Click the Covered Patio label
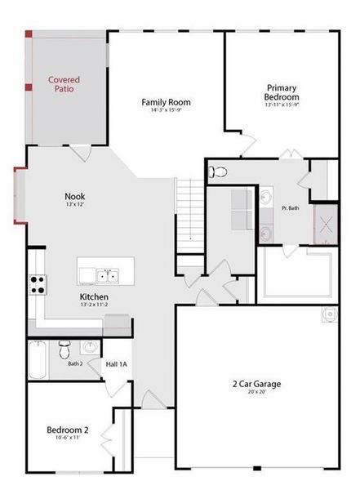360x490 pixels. (x=64, y=84)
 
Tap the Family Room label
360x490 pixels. (x=166, y=102)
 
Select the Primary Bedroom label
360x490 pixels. (x=282, y=91)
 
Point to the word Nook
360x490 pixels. (x=75, y=196)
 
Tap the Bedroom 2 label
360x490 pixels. (x=68, y=430)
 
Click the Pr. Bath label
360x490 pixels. (x=291, y=208)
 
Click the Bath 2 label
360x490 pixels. (x=75, y=363)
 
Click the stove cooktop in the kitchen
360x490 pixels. (x=38, y=284)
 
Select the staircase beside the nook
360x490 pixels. (x=190, y=210)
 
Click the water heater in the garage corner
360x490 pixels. (x=329, y=314)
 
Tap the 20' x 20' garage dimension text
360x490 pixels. (x=256, y=392)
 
